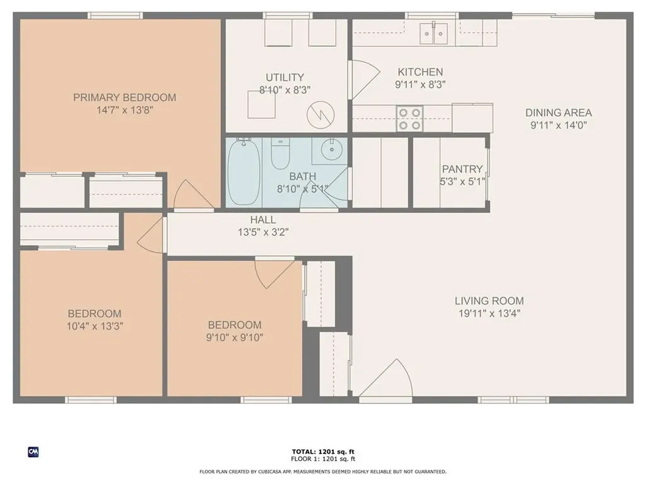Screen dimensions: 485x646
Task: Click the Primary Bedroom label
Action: pos(124,97)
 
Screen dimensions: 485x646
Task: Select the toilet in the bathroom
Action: pos(279,154)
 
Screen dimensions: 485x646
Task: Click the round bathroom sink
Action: pos(330,150)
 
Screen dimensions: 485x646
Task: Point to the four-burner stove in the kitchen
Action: pos(408,118)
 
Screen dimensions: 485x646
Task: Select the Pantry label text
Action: pos(462,169)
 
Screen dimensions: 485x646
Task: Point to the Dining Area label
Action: pos(558,112)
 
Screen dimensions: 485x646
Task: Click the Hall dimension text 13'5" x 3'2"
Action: pos(262,232)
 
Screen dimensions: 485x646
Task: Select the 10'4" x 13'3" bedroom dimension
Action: pos(95,326)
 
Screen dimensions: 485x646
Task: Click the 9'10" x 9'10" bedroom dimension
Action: pos(235,337)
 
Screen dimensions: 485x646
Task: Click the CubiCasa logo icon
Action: pos(33,452)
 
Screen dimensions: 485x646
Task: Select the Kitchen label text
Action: pos(420,72)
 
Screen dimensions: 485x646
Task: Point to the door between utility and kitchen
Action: pos(361,80)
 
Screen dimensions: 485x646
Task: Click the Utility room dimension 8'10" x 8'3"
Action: pos(285,90)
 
